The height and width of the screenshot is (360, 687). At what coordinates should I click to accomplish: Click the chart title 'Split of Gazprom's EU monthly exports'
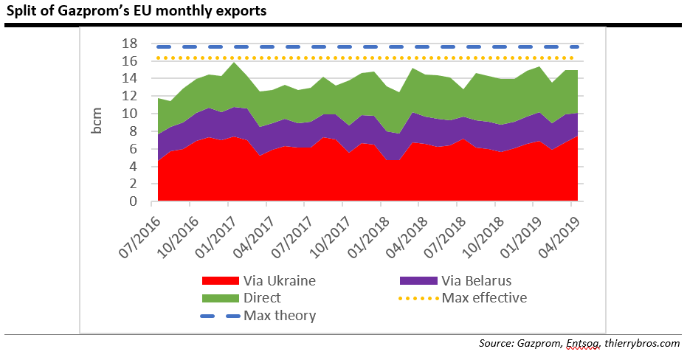tap(137, 12)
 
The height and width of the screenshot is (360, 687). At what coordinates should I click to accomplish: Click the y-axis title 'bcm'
tap(97, 122)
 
